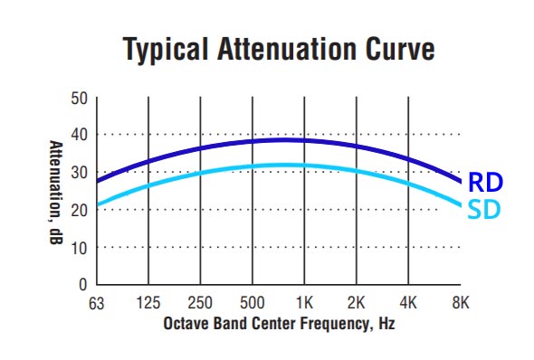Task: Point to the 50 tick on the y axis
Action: (79, 98)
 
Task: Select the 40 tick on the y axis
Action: (79, 135)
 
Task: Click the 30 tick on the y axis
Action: (79, 172)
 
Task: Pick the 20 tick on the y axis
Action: (79, 210)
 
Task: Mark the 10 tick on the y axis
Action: (79, 247)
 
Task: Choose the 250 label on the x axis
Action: (200, 302)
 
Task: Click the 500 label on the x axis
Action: (253, 302)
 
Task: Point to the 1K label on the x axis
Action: (305, 302)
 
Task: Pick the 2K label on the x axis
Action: (358, 302)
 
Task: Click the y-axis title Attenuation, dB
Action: (55, 191)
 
